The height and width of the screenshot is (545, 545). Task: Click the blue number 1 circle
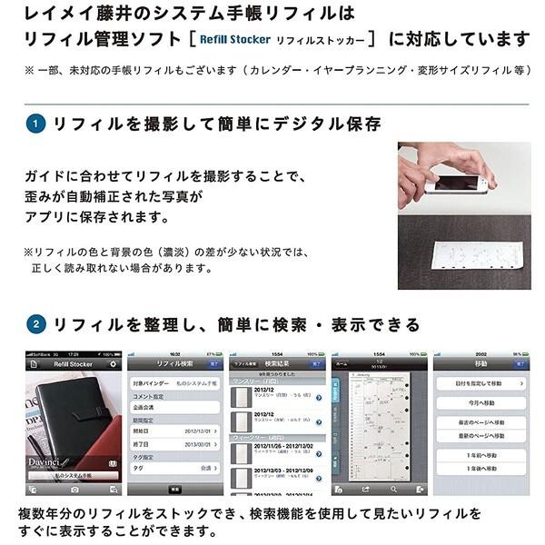(35, 123)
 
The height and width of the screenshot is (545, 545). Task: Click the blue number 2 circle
(35, 324)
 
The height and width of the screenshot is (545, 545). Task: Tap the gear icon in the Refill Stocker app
(113, 362)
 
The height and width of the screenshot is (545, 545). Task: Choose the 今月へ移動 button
(481, 401)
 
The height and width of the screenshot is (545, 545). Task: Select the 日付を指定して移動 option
(481, 383)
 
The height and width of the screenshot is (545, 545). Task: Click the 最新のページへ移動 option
(481, 437)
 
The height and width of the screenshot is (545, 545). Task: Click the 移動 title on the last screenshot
(481, 362)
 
